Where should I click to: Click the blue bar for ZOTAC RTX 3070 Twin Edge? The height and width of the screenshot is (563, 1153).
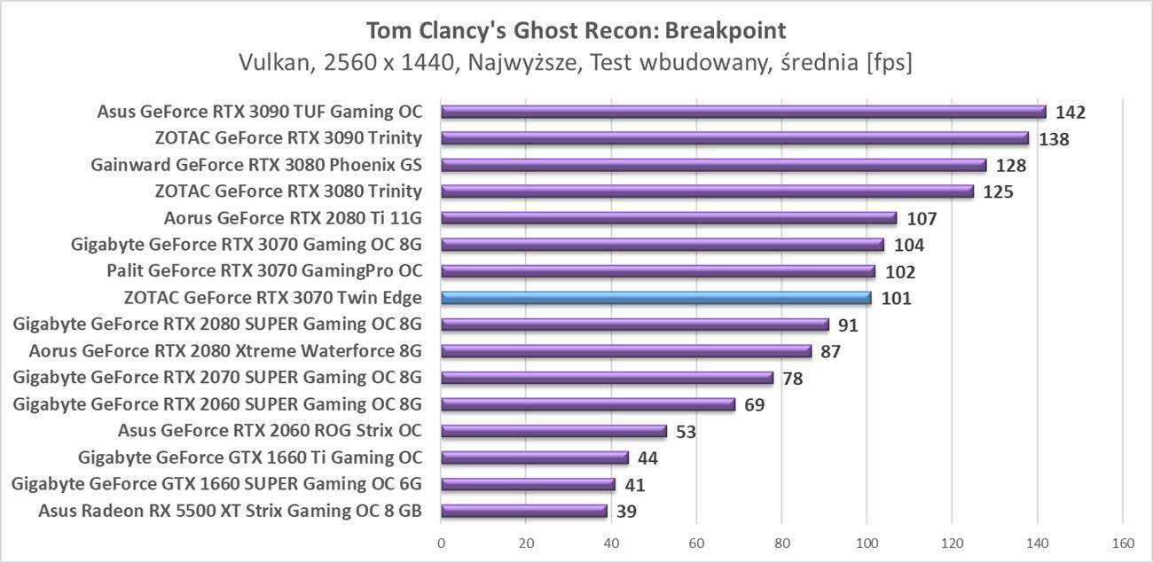655,298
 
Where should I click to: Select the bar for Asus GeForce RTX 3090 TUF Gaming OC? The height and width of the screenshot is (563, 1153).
743,112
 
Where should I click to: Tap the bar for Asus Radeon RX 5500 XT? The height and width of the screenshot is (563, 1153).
523,511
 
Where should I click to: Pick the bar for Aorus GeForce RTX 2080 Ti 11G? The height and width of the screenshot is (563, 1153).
669,218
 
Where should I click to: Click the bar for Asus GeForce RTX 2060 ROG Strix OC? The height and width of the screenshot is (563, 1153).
553,431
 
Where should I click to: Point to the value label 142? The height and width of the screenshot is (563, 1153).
1070,113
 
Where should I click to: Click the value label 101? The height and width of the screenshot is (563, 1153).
896,299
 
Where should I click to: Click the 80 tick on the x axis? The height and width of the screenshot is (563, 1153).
781,542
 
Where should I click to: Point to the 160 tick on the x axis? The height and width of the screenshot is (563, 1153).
1122,542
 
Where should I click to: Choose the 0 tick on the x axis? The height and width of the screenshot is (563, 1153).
441,542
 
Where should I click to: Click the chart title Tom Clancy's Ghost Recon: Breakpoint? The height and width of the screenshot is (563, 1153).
576,31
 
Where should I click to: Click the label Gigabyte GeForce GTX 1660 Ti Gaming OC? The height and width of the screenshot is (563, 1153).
249,457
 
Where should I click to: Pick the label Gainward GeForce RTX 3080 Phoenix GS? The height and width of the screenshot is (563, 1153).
255,165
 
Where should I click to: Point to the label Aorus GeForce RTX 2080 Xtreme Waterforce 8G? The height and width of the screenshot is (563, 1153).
224,351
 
